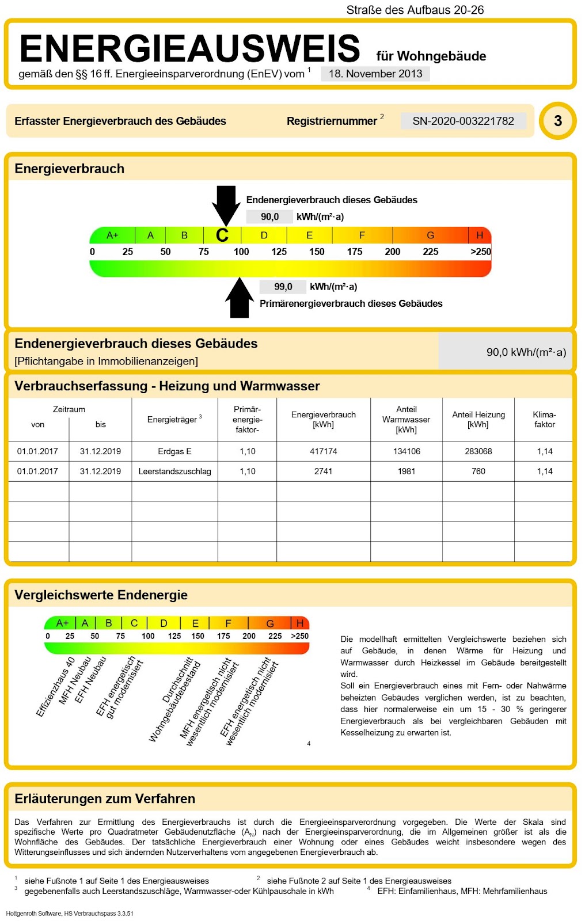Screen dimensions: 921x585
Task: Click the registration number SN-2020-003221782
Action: [463, 121]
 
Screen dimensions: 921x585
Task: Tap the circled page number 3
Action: [557, 121]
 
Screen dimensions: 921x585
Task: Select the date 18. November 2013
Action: [375, 74]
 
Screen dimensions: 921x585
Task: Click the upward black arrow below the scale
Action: [240, 298]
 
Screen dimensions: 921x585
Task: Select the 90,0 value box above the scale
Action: [269, 216]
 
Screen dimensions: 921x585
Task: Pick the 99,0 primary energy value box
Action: [283, 287]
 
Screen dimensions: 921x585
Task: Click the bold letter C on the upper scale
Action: [222, 235]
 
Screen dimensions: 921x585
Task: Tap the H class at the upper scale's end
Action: [479, 235]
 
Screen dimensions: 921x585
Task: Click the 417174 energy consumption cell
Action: [323, 451]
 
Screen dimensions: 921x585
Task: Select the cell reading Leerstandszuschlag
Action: [174, 471]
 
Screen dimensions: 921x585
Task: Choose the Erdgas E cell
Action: [174, 451]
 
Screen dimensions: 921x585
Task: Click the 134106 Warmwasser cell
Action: [407, 451]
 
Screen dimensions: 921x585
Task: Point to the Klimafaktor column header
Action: [544, 419]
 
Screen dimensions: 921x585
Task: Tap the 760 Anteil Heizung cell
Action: [478, 471]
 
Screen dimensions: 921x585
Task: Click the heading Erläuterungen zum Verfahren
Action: [105, 798]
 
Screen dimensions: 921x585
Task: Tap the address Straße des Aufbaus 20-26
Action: [415, 10]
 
